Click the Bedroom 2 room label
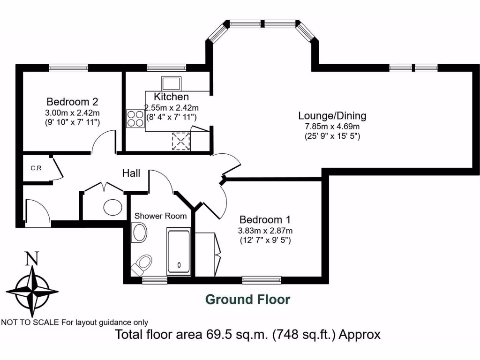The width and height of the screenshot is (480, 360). pyautogui.click(x=72, y=102)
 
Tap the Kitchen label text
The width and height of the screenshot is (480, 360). pyautogui.click(x=172, y=97)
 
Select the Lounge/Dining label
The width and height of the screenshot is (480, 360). pyautogui.click(x=332, y=116)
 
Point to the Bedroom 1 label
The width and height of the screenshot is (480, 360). pyautogui.click(x=265, y=219)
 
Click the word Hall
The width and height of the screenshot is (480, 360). pyautogui.click(x=131, y=173)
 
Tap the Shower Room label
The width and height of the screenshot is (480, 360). pyautogui.click(x=160, y=216)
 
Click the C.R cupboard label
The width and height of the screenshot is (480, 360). pyautogui.click(x=36, y=168)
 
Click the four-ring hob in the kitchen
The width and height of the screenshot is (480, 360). pyautogui.click(x=135, y=118)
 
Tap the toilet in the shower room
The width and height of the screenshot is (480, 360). pyautogui.click(x=141, y=265)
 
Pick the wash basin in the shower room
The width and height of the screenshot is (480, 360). pyautogui.click(x=139, y=232)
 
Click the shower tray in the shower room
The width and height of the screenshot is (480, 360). pyautogui.click(x=179, y=252)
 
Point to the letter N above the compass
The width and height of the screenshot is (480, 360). pyautogui.click(x=31, y=258)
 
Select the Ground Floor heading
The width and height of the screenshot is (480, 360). pyautogui.click(x=248, y=299)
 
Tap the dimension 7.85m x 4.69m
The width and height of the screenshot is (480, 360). pyautogui.click(x=332, y=127)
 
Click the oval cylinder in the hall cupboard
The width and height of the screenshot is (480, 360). pyautogui.click(x=113, y=206)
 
